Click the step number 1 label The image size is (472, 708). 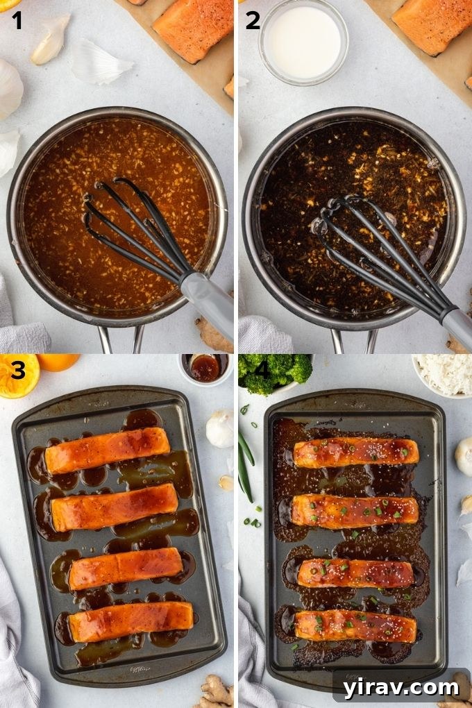coord(16,21)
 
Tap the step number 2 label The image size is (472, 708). coord(253,21)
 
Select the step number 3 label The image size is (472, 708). coord(17,371)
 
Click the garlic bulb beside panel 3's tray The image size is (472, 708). coord(219,428)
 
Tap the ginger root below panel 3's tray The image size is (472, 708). coord(215,691)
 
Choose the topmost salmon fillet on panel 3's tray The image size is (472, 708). coord(107,450)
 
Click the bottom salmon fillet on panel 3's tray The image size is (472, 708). coord(130,621)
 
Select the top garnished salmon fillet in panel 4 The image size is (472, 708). coord(355,452)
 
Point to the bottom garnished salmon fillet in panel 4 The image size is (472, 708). coord(355,626)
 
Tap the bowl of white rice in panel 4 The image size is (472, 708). coord(445,375)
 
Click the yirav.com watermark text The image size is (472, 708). coord(401,687)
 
